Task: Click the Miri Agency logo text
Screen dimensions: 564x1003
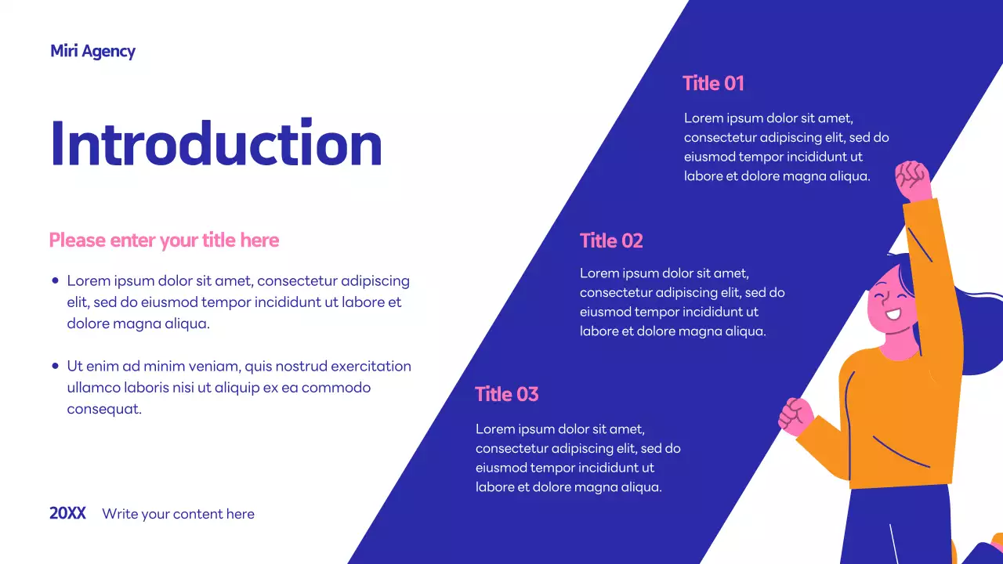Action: click(x=92, y=52)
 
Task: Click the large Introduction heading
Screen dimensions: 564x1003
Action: click(x=215, y=144)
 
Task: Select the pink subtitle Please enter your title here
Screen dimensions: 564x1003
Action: click(x=164, y=240)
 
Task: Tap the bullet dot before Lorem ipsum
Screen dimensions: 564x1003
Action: click(x=55, y=280)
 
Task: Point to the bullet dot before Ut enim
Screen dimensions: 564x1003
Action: click(x=55, y=366)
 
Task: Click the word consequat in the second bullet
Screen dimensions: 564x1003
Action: click(x=103, y=409)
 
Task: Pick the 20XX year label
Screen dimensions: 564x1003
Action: click(x=67, y=514)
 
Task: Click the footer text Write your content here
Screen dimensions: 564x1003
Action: click(x=178, y=514)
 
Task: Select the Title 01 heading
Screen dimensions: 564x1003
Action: click(x=713, y=83)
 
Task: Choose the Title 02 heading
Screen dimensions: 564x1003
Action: click(x=611, y=240)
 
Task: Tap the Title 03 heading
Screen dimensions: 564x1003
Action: click(x=507, y=394)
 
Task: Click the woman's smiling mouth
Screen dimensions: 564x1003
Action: click(x=892, y=316)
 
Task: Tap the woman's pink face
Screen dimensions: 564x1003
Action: click(x=889, y=302)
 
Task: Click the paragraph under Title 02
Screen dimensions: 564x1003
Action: click(x=682, y=302)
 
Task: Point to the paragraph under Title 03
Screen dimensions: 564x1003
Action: click(x=578, y=458)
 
